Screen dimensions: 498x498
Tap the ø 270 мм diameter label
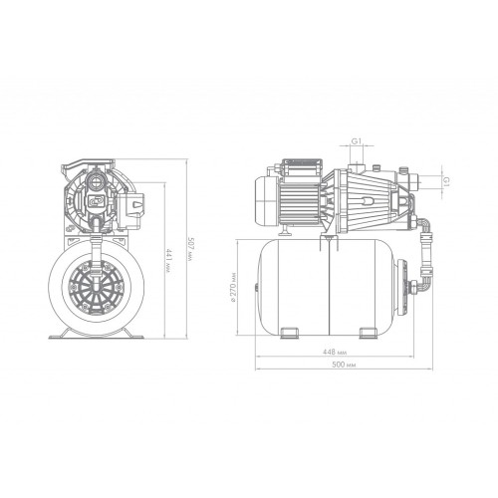click(x=233, y=288)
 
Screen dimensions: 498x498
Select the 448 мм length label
click(x=335, y=352)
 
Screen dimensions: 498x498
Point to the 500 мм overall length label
click(x=344, y=365)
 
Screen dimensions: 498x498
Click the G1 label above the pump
click(x=357, y=141)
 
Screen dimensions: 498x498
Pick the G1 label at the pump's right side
click(x=446, y=181)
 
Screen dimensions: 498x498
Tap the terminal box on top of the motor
click(x=302, y=167)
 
